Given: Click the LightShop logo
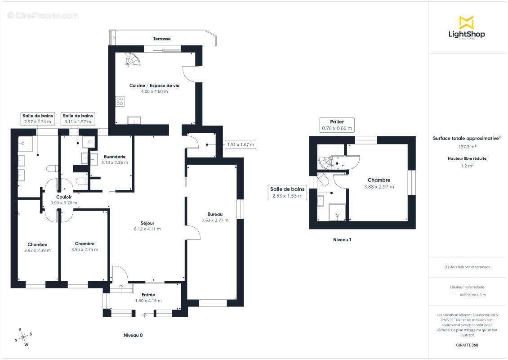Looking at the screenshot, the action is tap(467, 27).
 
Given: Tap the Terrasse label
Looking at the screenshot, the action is tap(162, 39).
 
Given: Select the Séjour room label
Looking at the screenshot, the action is tap(147, 223).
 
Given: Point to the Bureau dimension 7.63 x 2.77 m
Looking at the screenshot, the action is tap(215, 220).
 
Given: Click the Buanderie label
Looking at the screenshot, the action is tap(115, 157).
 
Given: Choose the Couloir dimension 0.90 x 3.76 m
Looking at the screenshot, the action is tap(64, 203).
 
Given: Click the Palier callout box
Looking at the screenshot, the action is tap(337, 125).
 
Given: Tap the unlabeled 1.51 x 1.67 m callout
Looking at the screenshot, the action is tap(241, 144).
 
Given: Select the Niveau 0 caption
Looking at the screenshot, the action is tap(133, 335).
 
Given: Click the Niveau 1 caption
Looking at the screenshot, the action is tap(342, 240).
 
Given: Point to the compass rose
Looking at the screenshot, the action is tap(23, 337).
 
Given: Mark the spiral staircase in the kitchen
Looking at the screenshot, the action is tap(133, 59).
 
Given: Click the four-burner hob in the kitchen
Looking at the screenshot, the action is tap(120, 101).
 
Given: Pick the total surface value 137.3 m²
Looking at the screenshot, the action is tap(467, 147).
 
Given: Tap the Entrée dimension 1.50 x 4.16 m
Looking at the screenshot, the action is tap(148, 301).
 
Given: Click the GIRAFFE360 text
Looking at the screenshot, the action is tap(467, 345).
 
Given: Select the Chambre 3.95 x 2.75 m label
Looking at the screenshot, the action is tap(85, 247).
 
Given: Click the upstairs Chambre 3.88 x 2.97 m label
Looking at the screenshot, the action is tap(379, 183).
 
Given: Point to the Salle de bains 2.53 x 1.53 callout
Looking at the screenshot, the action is tap(287, 192).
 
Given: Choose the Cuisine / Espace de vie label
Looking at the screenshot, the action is tap(154, 85).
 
